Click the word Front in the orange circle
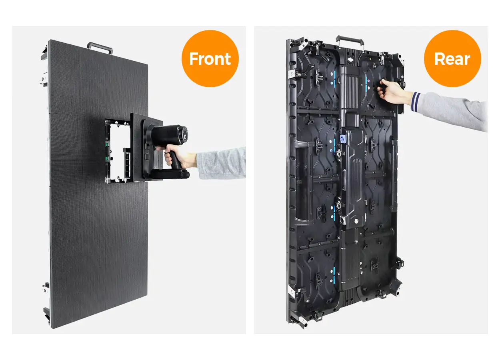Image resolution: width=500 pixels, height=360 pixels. [x=210, y=59]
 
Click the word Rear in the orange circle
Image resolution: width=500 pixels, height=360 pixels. [x=452, y=59]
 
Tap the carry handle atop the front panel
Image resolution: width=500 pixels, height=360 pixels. [x=100, y=47]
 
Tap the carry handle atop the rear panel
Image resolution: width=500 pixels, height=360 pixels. [x=350, y=42]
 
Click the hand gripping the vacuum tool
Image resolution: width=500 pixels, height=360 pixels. [x=176, y=155]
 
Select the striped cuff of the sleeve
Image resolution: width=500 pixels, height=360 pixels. [x=416, y=102]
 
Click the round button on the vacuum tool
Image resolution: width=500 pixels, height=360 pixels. [x=185, y=136]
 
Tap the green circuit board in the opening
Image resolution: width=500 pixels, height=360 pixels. [x=108, y=152]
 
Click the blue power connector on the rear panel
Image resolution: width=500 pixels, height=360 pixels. [x=343, y=138]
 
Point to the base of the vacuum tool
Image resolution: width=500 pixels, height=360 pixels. [x=170, y=174]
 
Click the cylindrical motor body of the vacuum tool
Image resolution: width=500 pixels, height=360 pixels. [x=170, y=136]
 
